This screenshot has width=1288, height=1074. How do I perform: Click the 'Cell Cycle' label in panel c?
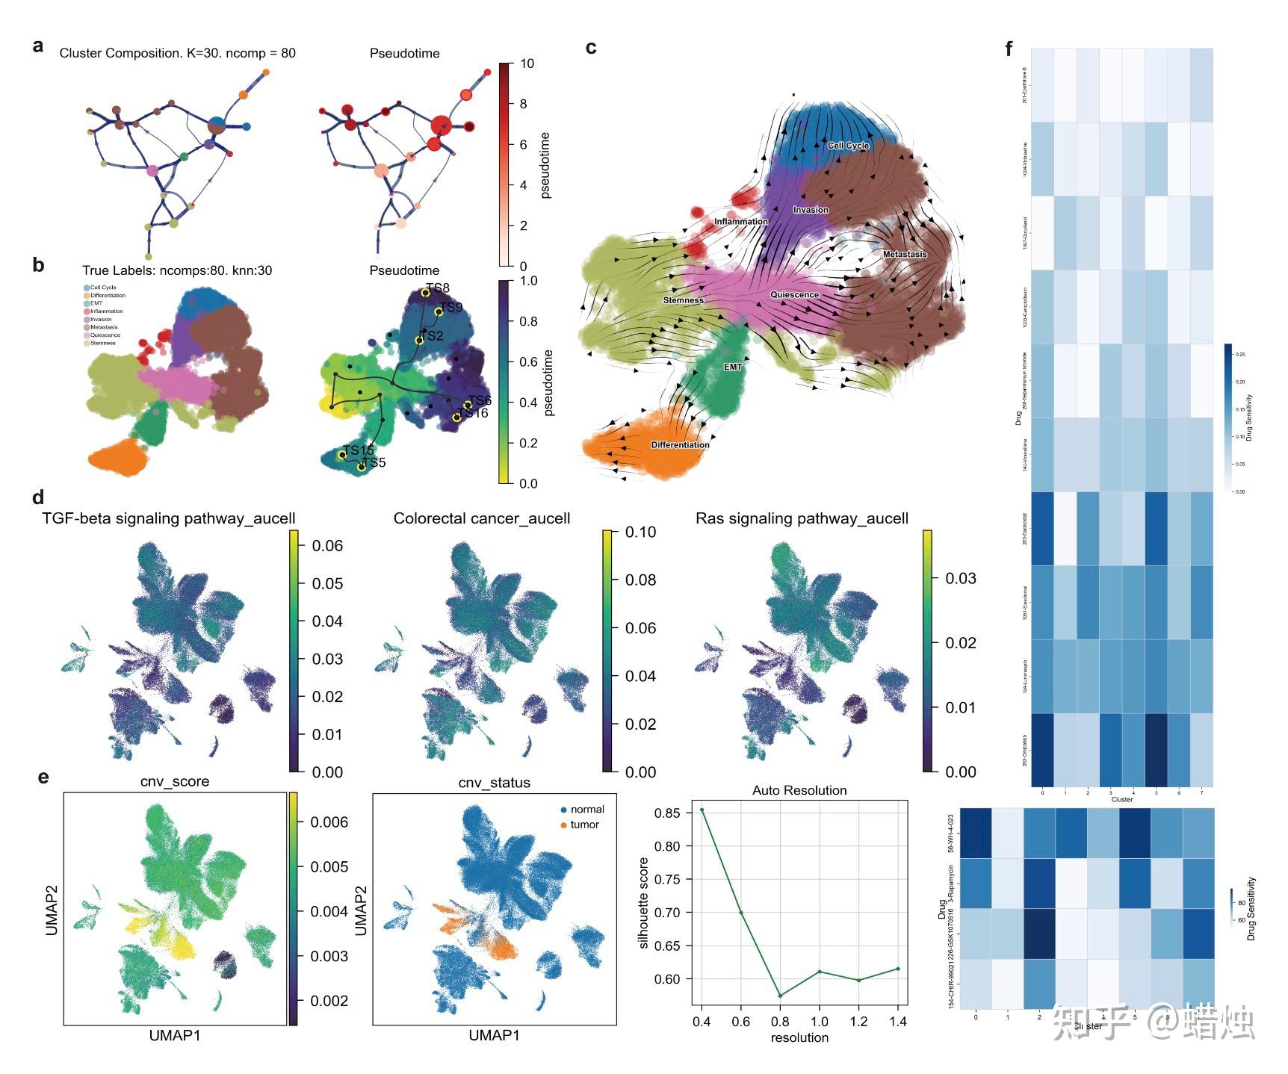[x=848, y=146]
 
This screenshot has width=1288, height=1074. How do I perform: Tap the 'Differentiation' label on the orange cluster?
[x=680, y=444]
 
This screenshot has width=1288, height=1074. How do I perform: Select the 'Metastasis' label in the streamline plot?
[x=905, y=254]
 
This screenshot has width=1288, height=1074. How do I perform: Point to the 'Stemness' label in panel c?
[x=684, y=300]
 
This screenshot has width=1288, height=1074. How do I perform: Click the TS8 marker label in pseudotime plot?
[x=438, y=288]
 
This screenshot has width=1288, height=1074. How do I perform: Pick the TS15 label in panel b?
[x=358, y=450]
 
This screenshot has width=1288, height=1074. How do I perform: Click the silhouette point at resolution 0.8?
[x=780, y=996]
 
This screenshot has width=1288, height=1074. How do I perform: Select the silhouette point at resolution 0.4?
[x=702, y=810]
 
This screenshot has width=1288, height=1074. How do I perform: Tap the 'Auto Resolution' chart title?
[x=799, y=790]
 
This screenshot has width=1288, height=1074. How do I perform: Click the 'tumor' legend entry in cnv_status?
[x=584, y=825]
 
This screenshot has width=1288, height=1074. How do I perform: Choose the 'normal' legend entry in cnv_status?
[x=587, y=810]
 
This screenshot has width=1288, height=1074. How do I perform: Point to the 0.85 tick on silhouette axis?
[x=667, y=813]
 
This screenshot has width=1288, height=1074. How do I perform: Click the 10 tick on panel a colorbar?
[x=527, y=63]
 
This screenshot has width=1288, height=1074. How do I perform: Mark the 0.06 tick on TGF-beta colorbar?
[x=327, y=546]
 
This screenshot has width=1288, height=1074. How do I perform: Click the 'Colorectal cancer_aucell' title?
[x=482, y=518]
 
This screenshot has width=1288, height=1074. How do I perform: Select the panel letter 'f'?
[x=1009, y=49]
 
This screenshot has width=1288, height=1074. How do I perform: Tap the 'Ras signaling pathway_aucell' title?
[x=802, y=518]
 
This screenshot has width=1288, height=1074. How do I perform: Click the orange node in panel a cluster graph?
[x=243, y=95]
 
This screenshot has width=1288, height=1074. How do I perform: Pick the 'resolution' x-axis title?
[x=799, y=1037]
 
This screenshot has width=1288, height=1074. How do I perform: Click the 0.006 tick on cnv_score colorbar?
[x=329, y=822]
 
